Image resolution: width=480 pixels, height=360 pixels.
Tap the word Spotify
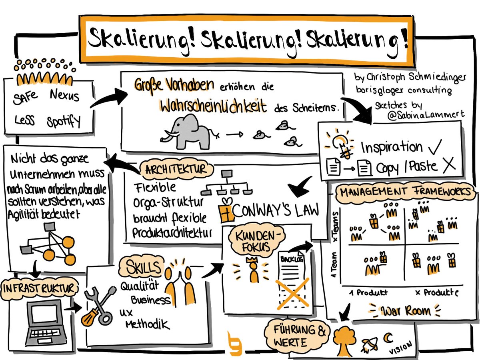pos(64,120)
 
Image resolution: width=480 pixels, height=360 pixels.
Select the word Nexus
pos(65,96)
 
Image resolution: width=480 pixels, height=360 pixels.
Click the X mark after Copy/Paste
pos(449,165)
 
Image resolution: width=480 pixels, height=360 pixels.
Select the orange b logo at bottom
pos(233,343)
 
